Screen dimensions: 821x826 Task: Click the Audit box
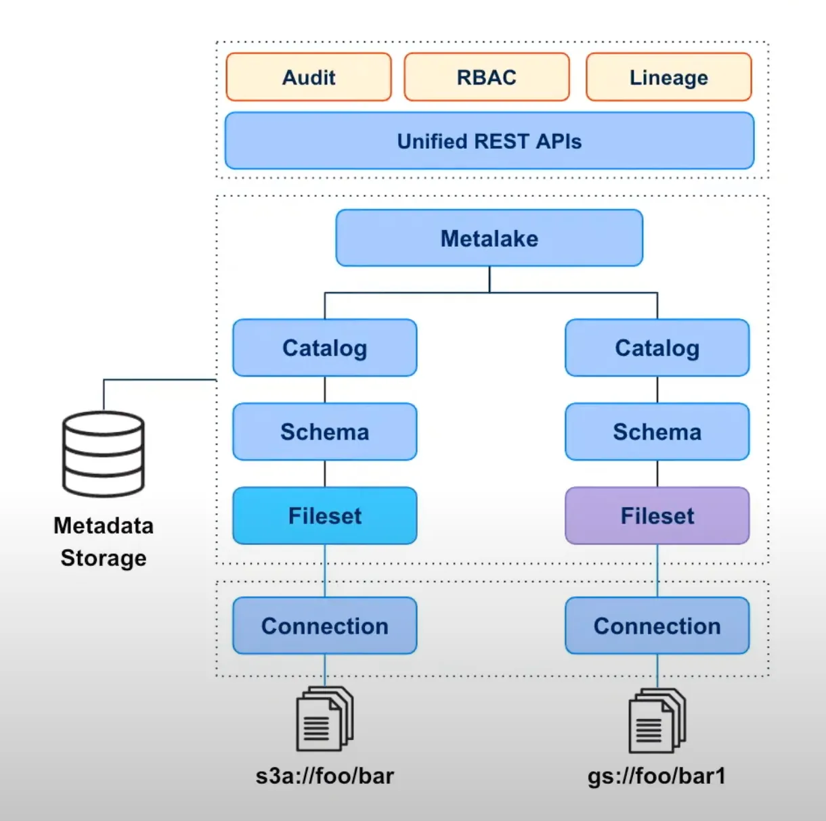[309, 77]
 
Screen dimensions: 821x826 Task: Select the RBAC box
[486, 77]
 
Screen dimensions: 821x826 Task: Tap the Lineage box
[668, 77]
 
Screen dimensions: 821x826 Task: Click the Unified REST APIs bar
[489, 141]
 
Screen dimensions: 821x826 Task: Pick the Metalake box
[489, 238]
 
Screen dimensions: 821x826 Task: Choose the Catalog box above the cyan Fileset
[324, 348]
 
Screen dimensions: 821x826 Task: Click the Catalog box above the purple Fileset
[657, 348]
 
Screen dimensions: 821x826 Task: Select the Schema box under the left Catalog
[324, 431]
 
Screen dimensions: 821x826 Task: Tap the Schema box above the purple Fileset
[657, 431]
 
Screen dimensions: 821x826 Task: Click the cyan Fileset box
[324, 515]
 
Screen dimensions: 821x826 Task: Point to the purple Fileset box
[657, 515]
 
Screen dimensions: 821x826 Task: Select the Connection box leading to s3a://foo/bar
[324, 626]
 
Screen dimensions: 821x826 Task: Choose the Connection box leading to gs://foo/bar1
[657, 626]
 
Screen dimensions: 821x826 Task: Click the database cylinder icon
[104, 454]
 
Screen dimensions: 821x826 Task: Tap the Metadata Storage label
[104, 542]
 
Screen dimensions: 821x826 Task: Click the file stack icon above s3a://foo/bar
[324, 719]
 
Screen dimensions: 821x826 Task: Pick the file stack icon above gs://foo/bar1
[657, 720]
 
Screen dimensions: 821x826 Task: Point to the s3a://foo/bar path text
[324, 776]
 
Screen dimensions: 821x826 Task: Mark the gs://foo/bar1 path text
[657, 776]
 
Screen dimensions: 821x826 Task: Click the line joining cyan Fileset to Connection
[325, 570]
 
